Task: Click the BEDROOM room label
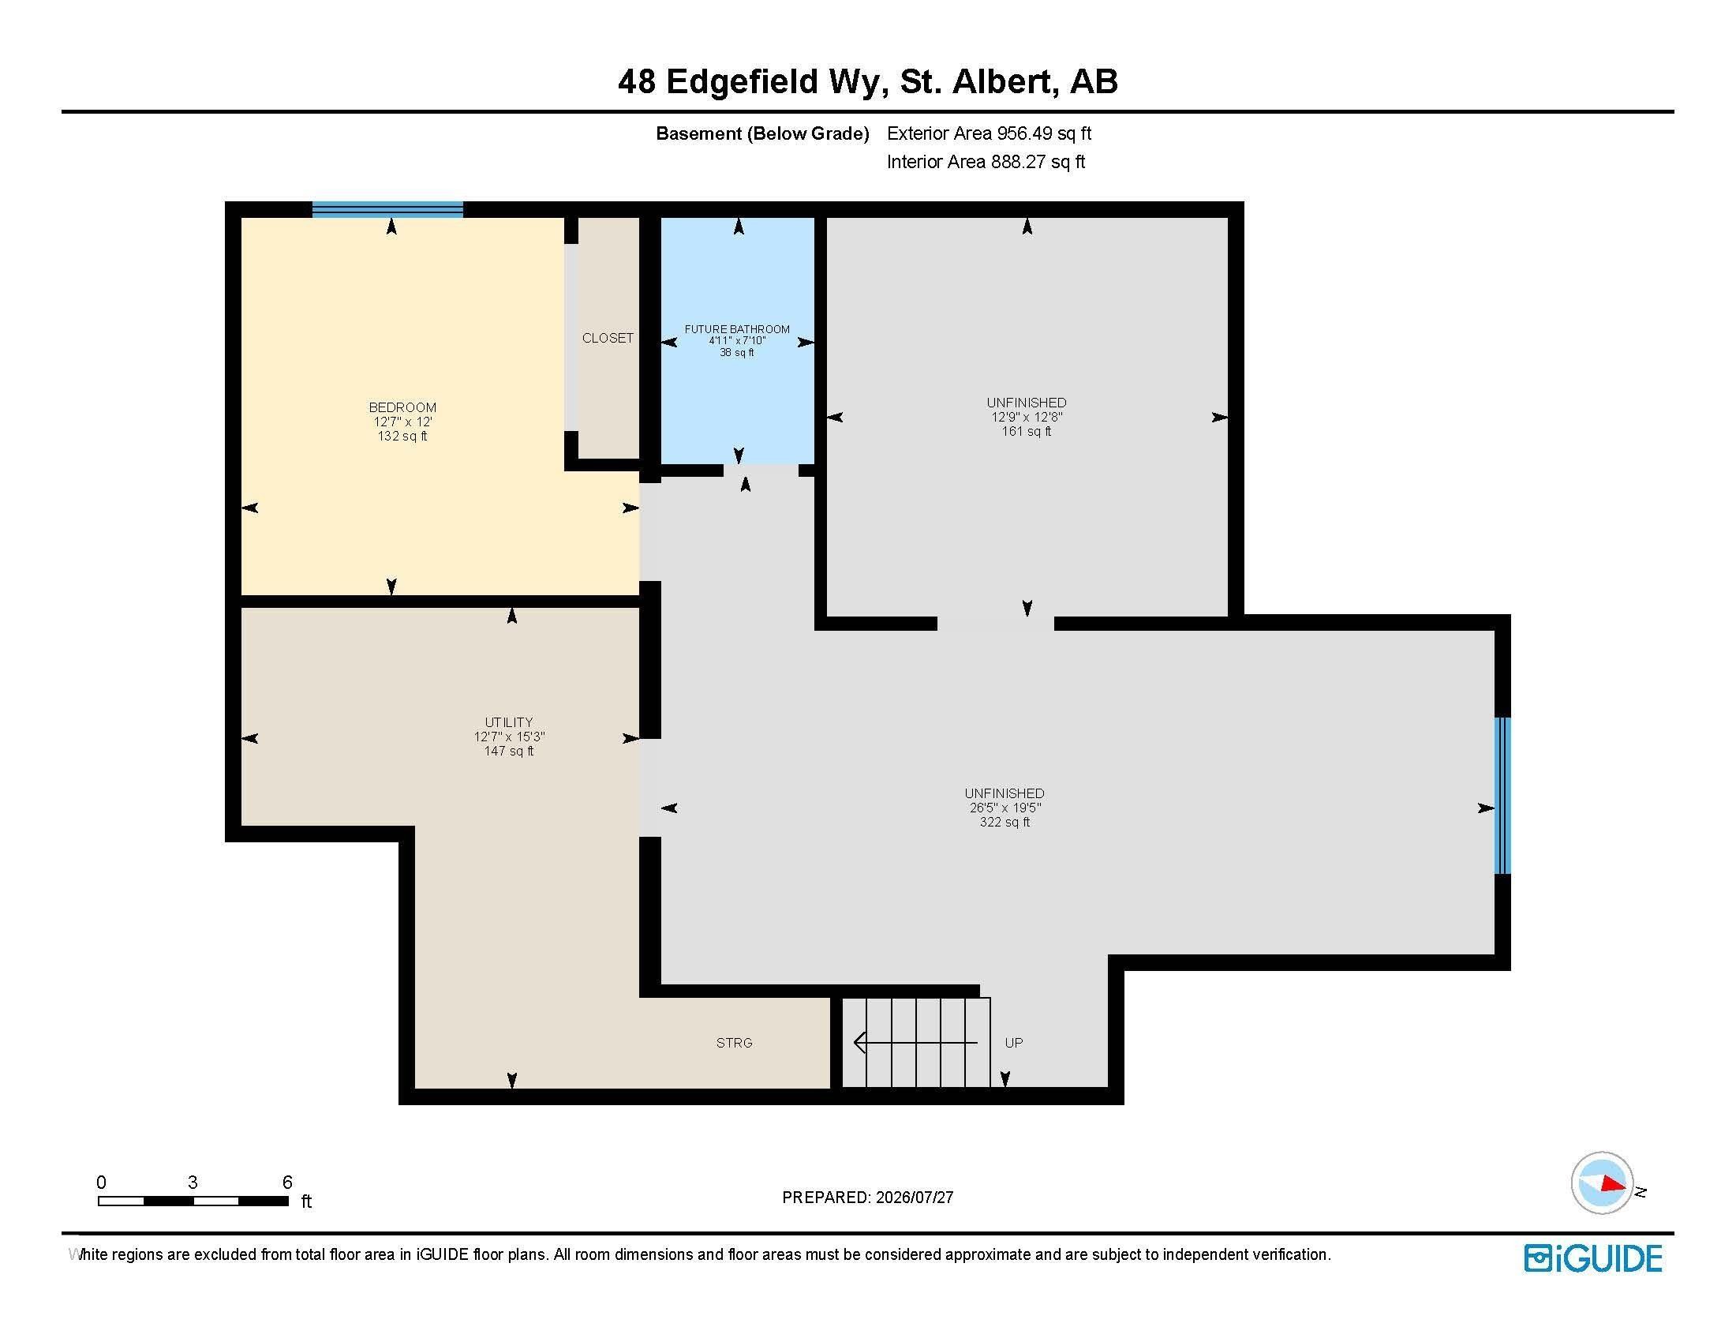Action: (402, 407)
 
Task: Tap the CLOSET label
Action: (608, 338)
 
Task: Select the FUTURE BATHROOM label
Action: (738, 329)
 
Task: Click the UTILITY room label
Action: (509, 722)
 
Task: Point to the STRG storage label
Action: (734, 1042)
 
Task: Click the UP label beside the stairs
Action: (1013, 1042)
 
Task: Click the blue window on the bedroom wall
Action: (387, 209)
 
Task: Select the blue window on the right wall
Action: (1502, 795)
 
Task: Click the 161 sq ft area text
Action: (1026, 431)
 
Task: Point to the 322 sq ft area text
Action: (1005, 822)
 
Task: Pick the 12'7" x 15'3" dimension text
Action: (509, 737)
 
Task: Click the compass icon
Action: (1603, 1183)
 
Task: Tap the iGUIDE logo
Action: (1593, 1258)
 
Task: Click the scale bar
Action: (193, 1201)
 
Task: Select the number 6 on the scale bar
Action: (288, 1183)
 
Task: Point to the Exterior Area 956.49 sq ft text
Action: (989, 133)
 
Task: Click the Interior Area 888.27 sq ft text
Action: (986, 162)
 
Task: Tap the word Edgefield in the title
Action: (742, 82)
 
